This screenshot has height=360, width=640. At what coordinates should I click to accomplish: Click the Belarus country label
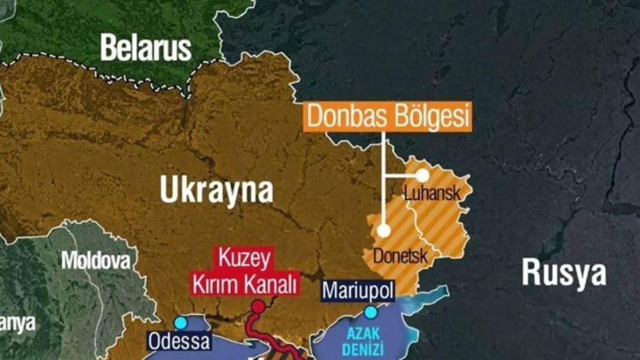coord(146,48)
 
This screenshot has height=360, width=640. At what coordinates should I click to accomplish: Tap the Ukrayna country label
coord(217,191)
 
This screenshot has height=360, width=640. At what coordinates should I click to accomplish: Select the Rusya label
coord(564,272)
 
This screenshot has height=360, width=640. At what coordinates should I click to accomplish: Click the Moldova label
coord(96,260)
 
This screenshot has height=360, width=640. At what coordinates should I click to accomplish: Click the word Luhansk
coord(431,193)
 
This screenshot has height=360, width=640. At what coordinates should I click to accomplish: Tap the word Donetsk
coord(400,256)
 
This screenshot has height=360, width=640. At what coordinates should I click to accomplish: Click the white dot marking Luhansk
coord(422,175)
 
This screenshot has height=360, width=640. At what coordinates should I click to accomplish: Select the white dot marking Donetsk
coord(383,231)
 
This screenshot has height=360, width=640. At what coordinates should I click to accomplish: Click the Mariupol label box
coord(358,291)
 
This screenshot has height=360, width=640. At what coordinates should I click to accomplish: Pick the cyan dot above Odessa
coord(181,323)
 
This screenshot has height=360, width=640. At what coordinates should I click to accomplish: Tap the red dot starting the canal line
coord(258,307)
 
